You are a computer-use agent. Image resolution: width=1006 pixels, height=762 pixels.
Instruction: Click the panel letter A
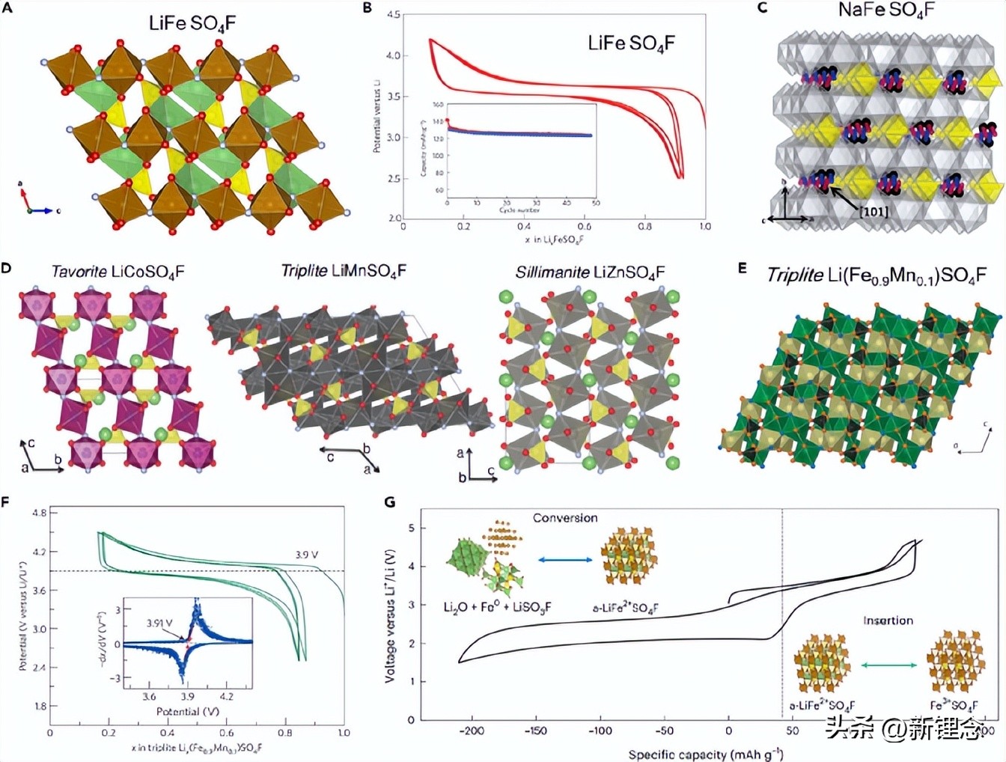tap(7, 8)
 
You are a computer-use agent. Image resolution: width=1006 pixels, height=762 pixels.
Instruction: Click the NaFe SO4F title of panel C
tap(886, 10)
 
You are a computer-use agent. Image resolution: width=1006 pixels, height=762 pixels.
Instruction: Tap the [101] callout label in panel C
tap(874, 212)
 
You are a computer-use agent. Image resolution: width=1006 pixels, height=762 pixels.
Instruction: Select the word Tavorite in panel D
tap(79, 272)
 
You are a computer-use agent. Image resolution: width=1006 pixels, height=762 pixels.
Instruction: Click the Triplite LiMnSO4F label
tap(344, 271)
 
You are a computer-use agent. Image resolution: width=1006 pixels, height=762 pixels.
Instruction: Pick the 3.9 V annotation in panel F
tap(306, 555)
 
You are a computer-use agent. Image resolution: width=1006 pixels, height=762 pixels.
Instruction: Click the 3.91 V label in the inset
tap(159, 623)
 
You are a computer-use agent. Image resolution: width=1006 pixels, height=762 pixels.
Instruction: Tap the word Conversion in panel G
tap(565, 518)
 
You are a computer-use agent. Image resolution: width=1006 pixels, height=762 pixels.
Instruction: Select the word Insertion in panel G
tap(888, 621)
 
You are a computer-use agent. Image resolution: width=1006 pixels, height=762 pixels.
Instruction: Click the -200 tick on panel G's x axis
tap(471, 731)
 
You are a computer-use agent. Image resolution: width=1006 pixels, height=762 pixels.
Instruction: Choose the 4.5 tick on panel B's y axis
tap(392, 14)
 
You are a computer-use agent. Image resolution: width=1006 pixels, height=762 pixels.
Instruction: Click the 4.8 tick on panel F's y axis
tap(40, 513)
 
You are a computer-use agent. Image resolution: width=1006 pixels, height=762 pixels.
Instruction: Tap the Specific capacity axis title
tap(705, 754)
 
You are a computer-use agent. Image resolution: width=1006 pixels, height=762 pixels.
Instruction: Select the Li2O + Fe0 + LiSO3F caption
tap(497, 607)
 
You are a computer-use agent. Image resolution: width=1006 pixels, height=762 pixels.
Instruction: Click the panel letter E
tap(743, 267)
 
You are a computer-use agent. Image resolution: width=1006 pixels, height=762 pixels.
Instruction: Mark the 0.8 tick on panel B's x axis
tap(644, 226)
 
